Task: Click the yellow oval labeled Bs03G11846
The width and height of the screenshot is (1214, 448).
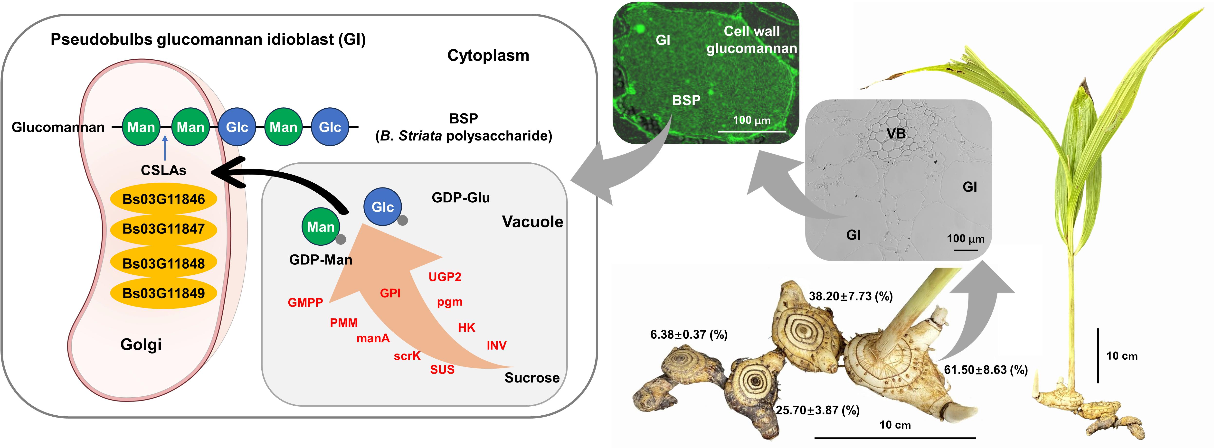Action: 163,199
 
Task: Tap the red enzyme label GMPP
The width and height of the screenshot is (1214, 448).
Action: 305,302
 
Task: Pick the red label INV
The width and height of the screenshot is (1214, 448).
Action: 496,345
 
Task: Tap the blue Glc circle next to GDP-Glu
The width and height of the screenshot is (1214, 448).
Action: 382,207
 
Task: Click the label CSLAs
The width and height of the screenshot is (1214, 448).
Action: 163,170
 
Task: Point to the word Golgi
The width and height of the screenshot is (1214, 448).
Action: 141,344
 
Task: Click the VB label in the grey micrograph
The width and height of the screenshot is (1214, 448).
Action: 896,134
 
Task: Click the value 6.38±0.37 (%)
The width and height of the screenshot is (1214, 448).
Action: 689,335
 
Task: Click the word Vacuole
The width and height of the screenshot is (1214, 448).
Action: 532,222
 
